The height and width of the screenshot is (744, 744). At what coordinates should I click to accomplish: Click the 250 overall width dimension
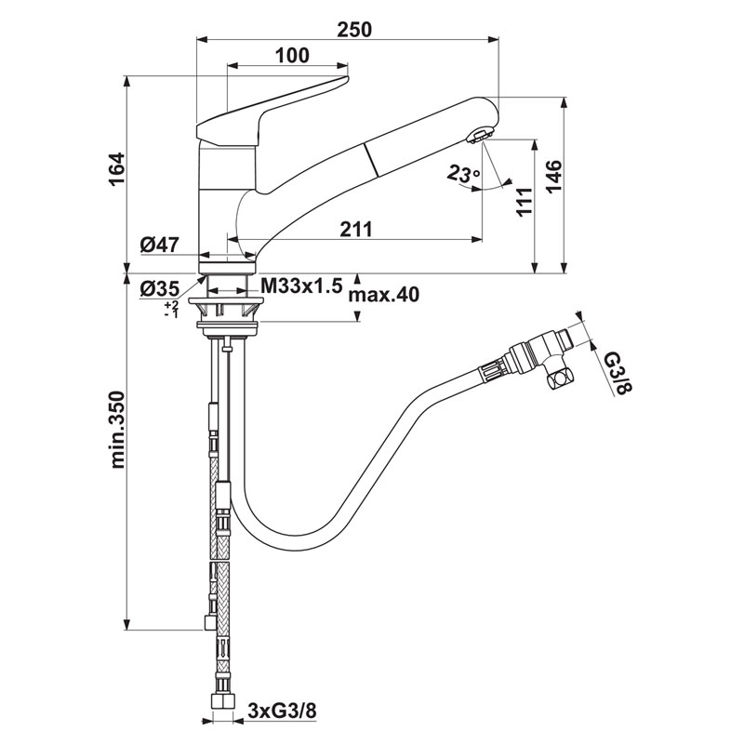click(x=353, y=29)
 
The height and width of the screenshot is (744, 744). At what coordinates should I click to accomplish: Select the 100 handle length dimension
click(x=292, y=55)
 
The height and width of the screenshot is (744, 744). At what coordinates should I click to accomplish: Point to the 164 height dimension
click(x=115, y=169)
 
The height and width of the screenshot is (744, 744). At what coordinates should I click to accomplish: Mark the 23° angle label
click(x=462, y=173)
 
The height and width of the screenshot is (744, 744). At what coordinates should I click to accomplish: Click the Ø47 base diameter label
click(x=160, y=246)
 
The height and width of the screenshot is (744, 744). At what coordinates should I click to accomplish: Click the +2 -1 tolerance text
click(x=170, y=310)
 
